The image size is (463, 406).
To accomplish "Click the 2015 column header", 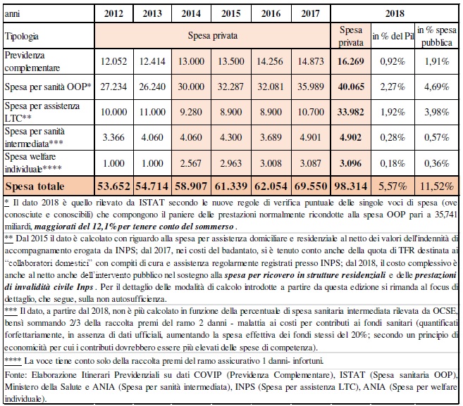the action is [x=231, y=13].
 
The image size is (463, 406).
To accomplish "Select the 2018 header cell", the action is [x=395, y=13].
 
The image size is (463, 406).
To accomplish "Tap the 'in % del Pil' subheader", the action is [x=393, y=36].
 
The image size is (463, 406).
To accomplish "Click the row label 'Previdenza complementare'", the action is [x=32, y=61].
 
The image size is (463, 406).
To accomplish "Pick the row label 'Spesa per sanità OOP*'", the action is [x=48, y=87].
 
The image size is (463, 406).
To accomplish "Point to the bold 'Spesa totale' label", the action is [x=35, y=186].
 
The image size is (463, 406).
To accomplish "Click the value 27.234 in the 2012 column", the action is [x=113, y=87].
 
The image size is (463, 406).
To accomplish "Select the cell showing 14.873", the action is [x=311, y=61].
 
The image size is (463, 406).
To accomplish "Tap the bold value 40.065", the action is [x=351, y=87].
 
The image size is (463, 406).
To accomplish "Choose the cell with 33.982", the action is [x=351, y=112].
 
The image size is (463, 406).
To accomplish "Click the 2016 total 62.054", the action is [x=271, y=186].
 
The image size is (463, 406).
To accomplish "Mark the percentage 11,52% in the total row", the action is [x=437, y=186].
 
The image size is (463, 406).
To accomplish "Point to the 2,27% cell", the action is [x=393, y=87].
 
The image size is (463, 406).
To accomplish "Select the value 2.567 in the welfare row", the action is [x=191, y=163].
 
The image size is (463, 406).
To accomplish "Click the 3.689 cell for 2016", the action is [x=271, y=137].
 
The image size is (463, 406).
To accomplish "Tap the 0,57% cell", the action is [x=437, y=137].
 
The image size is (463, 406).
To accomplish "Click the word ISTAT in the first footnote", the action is [x=152, y=203].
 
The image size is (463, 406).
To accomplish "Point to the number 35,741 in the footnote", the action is [x=446, y=215].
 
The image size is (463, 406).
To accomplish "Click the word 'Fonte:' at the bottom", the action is [x=16, y=375].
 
